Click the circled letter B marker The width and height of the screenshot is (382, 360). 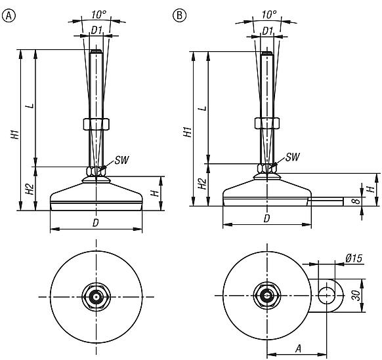point(177,15)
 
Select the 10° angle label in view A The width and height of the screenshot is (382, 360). point(97,14)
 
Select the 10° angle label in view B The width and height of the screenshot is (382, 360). point(267,14)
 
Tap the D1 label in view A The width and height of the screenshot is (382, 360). point(96,30)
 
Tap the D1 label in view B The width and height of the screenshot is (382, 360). point(267,30)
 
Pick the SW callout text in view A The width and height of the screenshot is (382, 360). point(121,160)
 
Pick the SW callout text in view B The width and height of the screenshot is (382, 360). point(293,157)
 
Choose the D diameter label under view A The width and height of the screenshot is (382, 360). point(96,224)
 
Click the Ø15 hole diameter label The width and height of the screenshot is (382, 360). point(354,259)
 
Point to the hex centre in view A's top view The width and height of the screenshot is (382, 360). point(96,296)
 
